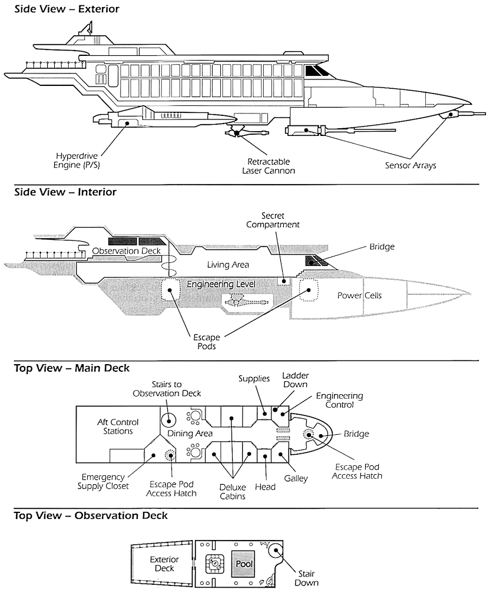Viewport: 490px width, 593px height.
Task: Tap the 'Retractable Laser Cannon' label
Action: tap(269, 165)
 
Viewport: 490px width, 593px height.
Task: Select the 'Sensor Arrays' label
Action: tap(410, 165)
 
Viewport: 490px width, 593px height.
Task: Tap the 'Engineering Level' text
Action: tap(221, 284)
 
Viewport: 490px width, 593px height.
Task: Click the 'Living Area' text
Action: tap(228, 265)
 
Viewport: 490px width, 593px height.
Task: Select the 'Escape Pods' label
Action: tap(206, 342)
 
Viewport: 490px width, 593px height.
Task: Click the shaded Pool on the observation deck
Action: tap(244, 564)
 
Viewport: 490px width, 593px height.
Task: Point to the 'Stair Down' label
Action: tap(307, 577)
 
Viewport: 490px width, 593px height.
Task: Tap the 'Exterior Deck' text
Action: tap(164, 564)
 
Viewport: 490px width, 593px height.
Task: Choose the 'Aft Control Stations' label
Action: tap(115, 427)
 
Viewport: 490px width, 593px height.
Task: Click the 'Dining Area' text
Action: tap(190, 434)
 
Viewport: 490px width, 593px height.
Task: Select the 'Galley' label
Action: tap(296, 478)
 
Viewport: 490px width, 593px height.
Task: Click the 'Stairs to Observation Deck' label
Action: tap(167, 388)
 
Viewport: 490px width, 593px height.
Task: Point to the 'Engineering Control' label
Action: tap(339, 400)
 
